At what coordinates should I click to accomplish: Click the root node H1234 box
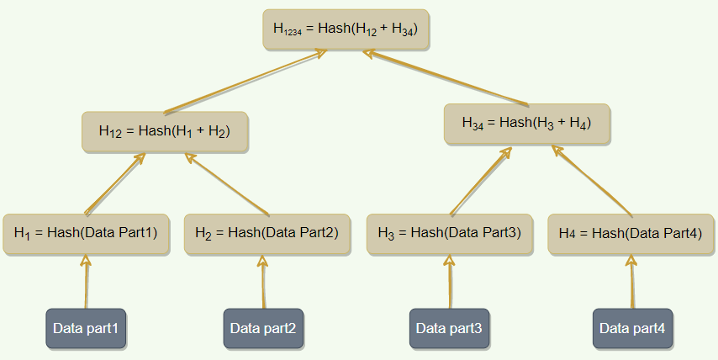(x=346, y=29)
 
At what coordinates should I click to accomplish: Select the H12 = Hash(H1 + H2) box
(x=165, y=131)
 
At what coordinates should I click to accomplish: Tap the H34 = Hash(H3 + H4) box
(x=526, y=123)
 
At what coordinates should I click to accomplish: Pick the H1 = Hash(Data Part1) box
(x=86, y=233)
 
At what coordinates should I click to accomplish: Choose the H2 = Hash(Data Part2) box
(x=267, y=233)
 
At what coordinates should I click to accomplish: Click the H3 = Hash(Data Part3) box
(x=449, y=233)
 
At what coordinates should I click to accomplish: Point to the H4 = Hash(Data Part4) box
(x=631, y=233)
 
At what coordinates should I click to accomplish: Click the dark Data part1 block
(x=86, y=328)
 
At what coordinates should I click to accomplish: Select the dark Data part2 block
(x=263, y=328)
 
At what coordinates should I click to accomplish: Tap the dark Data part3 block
(x=449, y=328)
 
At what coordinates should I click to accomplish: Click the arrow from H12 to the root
(x=244, y=82)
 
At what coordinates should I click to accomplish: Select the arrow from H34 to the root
(x=446, y=79)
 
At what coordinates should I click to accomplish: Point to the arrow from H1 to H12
(x=115, y=183)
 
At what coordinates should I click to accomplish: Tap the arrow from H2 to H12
(x=227, y=184)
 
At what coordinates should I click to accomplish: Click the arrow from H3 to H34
(x=482, y=180)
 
